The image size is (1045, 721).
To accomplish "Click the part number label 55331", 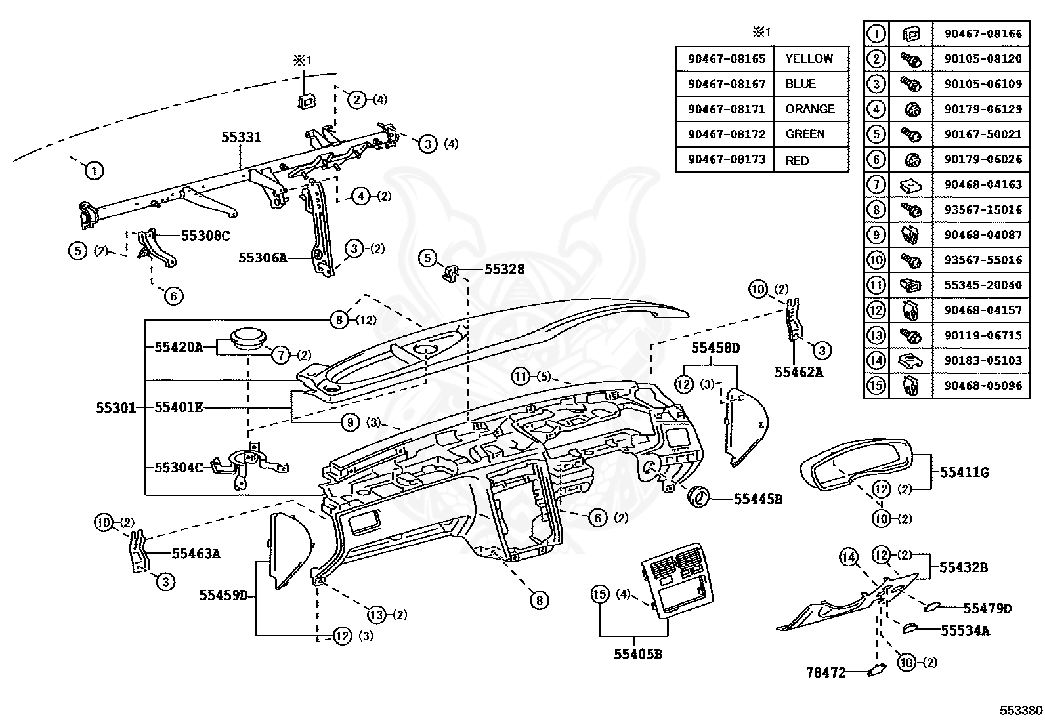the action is pyautogui.click(x=241, y=137).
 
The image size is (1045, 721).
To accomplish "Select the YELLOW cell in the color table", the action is pyautogui.click(x=811, y=59).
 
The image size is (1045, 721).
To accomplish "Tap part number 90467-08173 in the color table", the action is pyautogui.click(x=727, y=160).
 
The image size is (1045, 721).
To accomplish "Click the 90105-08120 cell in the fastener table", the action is pyautogui.click(x=983, y=59).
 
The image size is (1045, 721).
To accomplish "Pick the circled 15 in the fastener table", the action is pyautogui.click(x=876, y=386).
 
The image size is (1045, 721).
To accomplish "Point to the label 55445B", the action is pyautogui.click(x=758, y=499).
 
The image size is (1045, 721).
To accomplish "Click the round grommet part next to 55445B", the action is pyautogui.click(x=699, y=496).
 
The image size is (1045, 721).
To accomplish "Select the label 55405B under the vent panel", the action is pyautogui.click(x=638, y=654).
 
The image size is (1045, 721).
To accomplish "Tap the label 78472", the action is pyautogui.click(x=826, y=672).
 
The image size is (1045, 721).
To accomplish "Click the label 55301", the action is pyautogui.click(x=116, y=407).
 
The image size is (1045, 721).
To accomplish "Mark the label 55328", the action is pyautogui.click(x=504, y=269).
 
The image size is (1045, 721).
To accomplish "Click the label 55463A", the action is pyautogui.click(x=196, y=554).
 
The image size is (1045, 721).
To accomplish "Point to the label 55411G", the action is pyautogui.click(x=964, y=472).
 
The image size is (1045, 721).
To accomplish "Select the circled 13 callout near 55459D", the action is pyautogui.click(x=377, y=615).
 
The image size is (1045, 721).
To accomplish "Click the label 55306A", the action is pyautogui.click(x=263, y=258).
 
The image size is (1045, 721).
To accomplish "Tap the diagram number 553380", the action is pyautogui.click(x=1020, y=711).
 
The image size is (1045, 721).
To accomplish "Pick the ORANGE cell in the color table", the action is pyautogui.click(x=811, y=109).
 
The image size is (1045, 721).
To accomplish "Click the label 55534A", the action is pyautogui.click(x=965, y=630).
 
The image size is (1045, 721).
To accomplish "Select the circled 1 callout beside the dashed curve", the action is pyautogui.click(x=94, y=171).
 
